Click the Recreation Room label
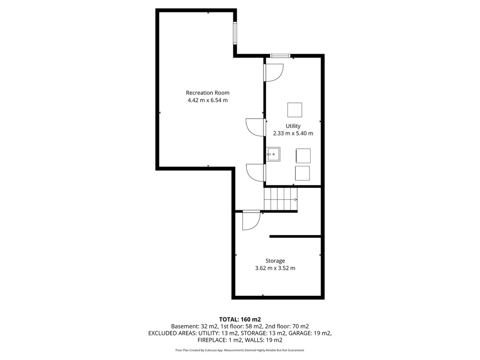207,93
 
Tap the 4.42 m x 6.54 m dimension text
207,100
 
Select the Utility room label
293,126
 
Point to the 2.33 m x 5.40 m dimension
293,133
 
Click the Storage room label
275,261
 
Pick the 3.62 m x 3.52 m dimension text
275,268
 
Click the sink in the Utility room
273,154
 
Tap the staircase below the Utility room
281,199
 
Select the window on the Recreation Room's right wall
235,33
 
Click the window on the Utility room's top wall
280,56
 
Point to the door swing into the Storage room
251,220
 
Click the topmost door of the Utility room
274,72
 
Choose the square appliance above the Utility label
295,110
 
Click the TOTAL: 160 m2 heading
240,320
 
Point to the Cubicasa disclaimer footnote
240,350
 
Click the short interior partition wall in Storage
295,236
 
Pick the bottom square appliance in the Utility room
302,173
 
